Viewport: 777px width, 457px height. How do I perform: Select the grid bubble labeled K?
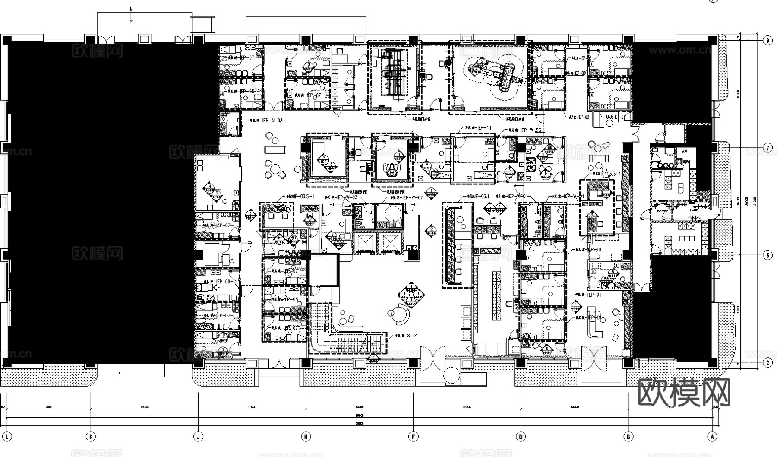pyautogui.click(x=91, y=437)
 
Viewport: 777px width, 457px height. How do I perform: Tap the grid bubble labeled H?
pyautogui.click(x=306, y=437)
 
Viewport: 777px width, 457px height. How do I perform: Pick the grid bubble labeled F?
pyautogui.click(x=413, y=437)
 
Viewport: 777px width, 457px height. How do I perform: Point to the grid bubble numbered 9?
pyautogui.click(x=767, y=41)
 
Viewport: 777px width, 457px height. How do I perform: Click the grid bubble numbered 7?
pyautogui.click(x=767, y=148)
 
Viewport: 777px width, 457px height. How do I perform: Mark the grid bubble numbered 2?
pyautogui.click(x=767, y=363)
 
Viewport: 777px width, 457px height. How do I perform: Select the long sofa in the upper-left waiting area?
pyautogui.click(x=275, y=149)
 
